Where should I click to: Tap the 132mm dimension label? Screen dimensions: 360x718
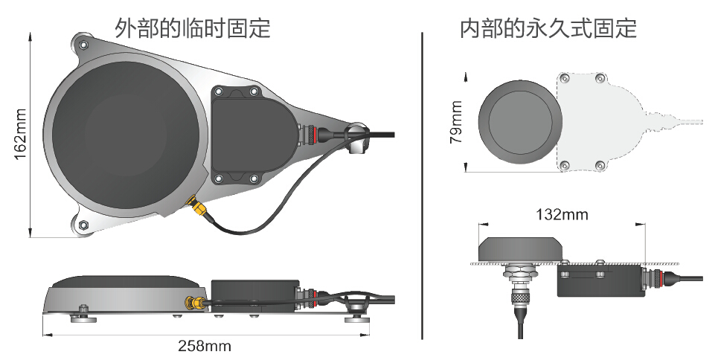coord(562,215)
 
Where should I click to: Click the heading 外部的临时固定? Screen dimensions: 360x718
coord(192,28)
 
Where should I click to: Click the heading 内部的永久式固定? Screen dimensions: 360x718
coord(548,28)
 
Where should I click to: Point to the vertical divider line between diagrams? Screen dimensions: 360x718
coord(422,186)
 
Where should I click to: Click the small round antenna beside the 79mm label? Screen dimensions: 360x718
coord(518,122)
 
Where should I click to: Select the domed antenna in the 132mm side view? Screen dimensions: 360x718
coord(519,248)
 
